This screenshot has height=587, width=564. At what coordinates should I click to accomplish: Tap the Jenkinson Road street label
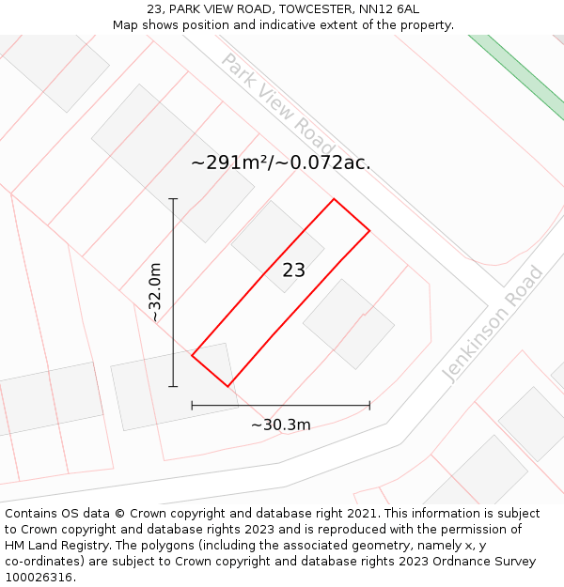point(493,324)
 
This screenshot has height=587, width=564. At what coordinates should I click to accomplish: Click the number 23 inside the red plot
point(294,270)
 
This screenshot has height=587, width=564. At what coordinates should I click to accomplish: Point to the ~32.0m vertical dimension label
point(155,292)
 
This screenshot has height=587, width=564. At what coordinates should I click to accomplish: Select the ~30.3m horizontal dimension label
point(280,425)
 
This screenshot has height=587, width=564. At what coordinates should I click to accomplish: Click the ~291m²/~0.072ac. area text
point(281,162)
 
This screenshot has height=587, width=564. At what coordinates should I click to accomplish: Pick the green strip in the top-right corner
point(517,66)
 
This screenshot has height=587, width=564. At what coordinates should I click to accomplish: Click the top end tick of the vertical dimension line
point(173,199)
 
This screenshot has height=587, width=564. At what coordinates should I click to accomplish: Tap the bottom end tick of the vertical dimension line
point(173,386)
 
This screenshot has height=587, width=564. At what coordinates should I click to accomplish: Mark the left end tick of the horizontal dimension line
point(192,406)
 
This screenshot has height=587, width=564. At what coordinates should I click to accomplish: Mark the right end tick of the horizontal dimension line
point(369,406)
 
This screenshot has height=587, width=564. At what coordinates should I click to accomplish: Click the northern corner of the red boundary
point(334,199)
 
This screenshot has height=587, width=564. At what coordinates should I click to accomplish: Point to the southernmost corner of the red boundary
point(227,386)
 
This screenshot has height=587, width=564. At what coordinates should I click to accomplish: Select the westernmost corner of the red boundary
point(192,355)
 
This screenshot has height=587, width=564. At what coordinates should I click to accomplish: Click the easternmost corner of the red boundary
point(369,230)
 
